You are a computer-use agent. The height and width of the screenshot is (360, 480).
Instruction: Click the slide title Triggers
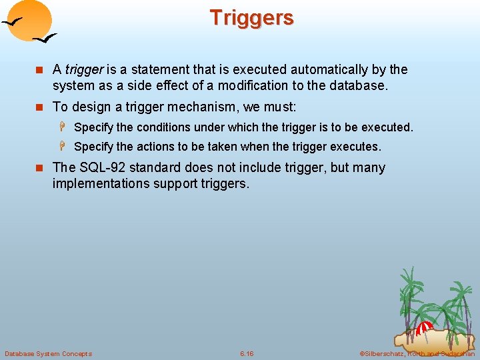[x=251, y=18]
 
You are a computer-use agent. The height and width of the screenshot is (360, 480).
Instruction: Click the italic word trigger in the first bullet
[x=83, y=69]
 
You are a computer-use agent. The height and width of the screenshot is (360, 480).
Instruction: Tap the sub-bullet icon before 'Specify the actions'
[x=65, y=146]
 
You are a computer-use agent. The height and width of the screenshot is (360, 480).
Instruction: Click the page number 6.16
[x=247, y=353]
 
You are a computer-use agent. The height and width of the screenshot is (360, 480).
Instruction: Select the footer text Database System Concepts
[x=48, y=353]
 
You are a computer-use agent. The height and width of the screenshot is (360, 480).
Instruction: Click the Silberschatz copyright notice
[x=417, y=353]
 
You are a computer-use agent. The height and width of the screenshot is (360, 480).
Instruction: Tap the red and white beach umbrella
[x=425, y=328]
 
